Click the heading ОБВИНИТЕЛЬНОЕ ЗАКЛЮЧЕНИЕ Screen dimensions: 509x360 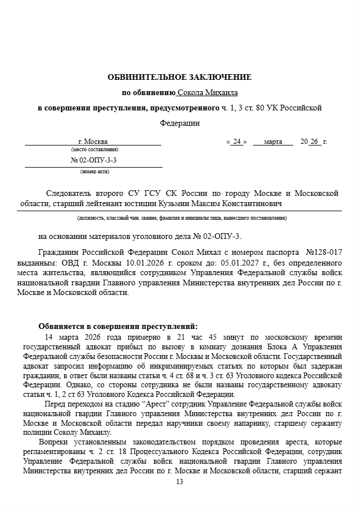pyautogui.click(x=179, y=77)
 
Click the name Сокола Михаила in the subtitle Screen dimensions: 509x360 pyautogui.click(x=208, y=92)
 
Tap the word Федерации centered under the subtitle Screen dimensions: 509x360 pyautogui.click(x=179, y=122)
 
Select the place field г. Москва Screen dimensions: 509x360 pyautogui.click(x=92, y=142)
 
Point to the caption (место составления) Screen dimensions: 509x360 pyautogui.click(x=95, y=149)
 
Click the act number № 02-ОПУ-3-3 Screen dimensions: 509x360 pyautogui.click(x=94, y=160)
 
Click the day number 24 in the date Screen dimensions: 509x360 pyautogui.click(x=237, y=142)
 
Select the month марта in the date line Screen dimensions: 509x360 pyautogui.click(x=273, y=142)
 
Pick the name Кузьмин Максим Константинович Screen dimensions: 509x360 pyautogui.click(x=228, y=203)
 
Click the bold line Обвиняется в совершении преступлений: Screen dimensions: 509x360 pyautogui.click(x=118, y=326)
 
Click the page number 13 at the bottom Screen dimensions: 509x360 pyautogui.click(x=180, y=482)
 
